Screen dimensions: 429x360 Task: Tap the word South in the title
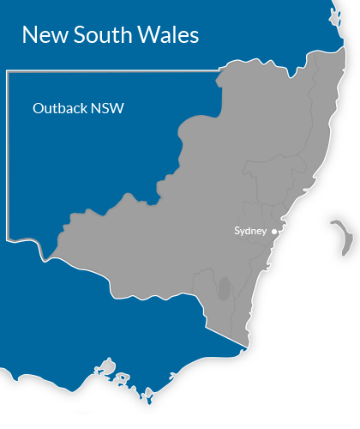[97, 35]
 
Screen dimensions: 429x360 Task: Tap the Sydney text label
[251, 231]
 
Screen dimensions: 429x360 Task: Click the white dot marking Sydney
[274, 231]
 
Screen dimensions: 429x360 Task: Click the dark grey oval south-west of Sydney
[225, 288]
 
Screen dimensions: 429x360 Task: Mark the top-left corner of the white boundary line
[7, 73]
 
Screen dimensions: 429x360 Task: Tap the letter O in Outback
[38, 109]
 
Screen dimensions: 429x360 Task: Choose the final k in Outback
[82, 109]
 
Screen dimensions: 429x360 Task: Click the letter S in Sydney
[237, 231]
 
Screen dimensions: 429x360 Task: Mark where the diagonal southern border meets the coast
[244, 349]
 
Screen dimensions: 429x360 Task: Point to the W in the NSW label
[118, 109]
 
